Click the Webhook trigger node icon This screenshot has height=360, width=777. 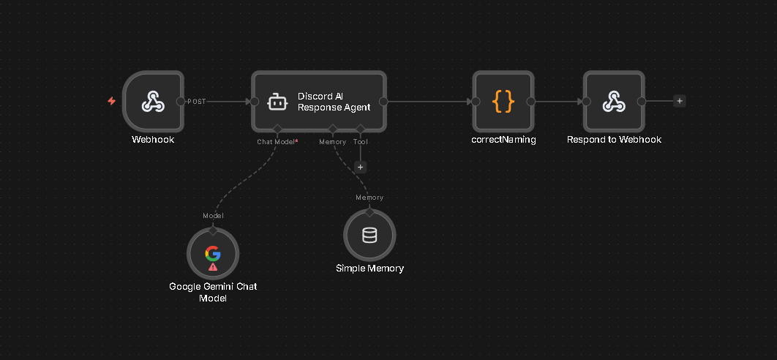(x=152, y=102)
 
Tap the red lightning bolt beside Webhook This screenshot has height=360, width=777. (x=111, y=101)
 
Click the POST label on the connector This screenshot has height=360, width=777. (x=197, y=102)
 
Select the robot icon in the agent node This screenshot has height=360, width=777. (x=277, y=102)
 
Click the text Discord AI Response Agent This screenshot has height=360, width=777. (x=334, y=102)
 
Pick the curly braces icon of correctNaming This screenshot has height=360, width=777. (x=503, y=102)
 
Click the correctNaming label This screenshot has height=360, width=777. (x=503, y=140)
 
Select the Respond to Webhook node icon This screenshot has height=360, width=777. (x=614, y=102)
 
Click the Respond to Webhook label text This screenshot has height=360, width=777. (x=614, y=140)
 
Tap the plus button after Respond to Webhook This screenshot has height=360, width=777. (x=680, y=102)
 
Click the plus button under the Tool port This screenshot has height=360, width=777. (x=360, y=167)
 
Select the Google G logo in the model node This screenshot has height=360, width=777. (x=213, y=253)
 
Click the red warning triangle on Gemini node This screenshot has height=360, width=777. (x=213, y=267)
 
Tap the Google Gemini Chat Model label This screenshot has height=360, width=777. (x=213, y=292)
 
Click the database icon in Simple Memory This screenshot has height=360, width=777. (x=369, y=235)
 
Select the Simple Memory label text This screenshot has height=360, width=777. (x=369, y=269)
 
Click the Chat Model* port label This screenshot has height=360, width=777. (x=277, y=141)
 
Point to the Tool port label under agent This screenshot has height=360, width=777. (x=360, y=141)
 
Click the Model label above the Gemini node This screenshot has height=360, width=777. (x=213, y=215)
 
